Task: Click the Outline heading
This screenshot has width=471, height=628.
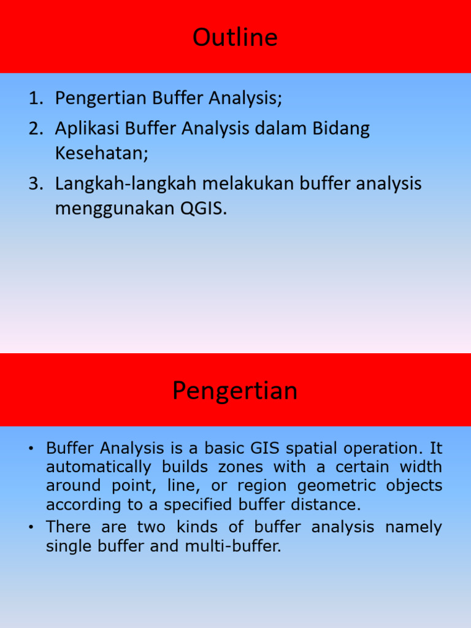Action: (x=235, y=37)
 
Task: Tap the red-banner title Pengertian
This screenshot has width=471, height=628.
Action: (x=235, y=391)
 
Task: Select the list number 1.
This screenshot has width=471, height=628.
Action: (x=36, y=98)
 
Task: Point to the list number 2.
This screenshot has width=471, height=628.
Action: (x=36, y=128)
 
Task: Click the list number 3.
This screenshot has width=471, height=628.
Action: (x=36, y=183)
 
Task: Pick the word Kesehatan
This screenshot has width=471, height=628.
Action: (x=101, y=153)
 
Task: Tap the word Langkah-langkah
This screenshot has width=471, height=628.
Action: (x=126, y=184)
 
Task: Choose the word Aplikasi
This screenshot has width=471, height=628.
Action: (x=87, y=129)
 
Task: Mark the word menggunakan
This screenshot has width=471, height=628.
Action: (x=115, y=209)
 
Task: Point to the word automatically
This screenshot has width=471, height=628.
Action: (x=99, y=467)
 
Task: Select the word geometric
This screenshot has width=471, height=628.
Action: (x=337, y=486)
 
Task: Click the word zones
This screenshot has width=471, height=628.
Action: (x=240, y=467)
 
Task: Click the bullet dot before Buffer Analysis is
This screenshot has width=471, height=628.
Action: (x=31, y=448)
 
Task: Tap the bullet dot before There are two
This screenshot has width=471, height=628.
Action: (x=31, y=527)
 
